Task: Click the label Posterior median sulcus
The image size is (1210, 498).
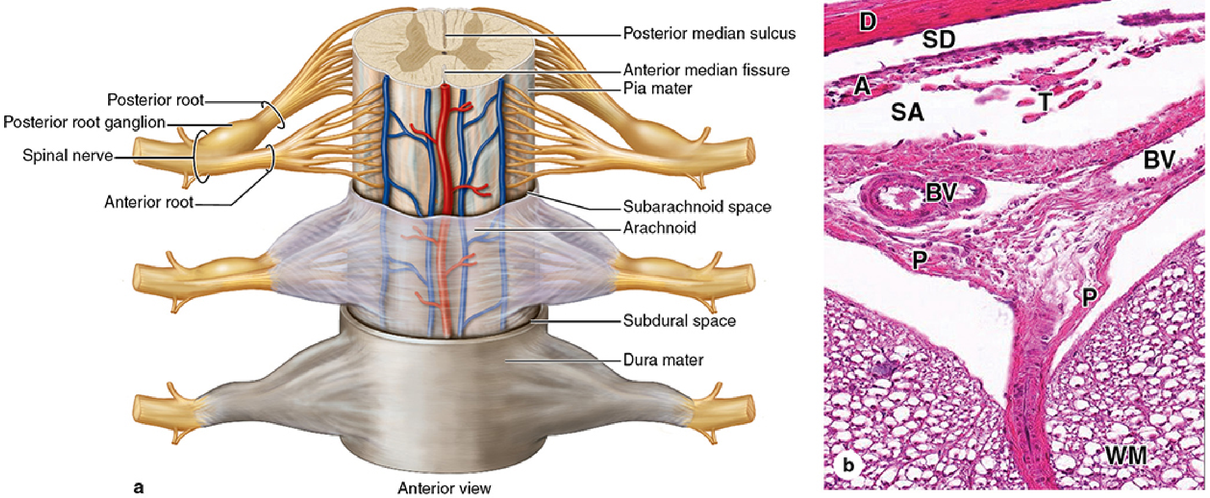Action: pyautogui.click(x=709, y=34)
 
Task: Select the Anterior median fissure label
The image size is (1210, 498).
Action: pyautogui.click(x=706, y=70)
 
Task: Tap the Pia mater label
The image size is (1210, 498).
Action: pyautogui.click(x=657, y=88)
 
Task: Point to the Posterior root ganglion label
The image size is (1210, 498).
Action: pyautogui.click(x=84, y=122)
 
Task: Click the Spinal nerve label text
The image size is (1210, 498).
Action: pyautogui.click(x=67, y=155)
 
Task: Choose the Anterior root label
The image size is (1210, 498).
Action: pyautogui.click(x=149, y=202)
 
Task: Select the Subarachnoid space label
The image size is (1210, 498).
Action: pyautogui.click(x=696, y=206)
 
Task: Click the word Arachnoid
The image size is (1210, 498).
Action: pyautogui.click(x=659, y=228)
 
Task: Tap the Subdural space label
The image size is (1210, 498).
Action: pyautogui.click(x=679, y=320)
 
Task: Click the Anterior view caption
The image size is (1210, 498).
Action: pyautogui.click(x=444, y=488)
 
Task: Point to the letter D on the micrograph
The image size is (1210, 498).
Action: pyautogui.click(x=867, y=22)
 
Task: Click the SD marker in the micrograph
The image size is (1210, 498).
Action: pyautogui.click(x=939, y=40)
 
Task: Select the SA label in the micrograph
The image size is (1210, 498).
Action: pyautogui.click(x=907, y=112)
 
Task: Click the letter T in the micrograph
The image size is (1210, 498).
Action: pyautogui.click(x=1044, y=103)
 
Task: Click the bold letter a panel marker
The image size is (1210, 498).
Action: pyautogui.click(x=139, y=487)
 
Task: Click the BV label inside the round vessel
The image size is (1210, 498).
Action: pyautogui.click(x=941, y=193)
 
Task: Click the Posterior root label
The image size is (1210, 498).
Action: pyautogui.click(x=156, y=100)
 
